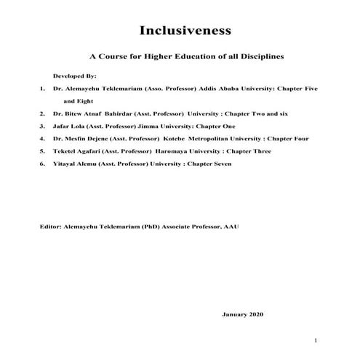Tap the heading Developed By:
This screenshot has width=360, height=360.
(75, 76)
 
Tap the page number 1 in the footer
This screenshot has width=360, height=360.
(316, 340)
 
